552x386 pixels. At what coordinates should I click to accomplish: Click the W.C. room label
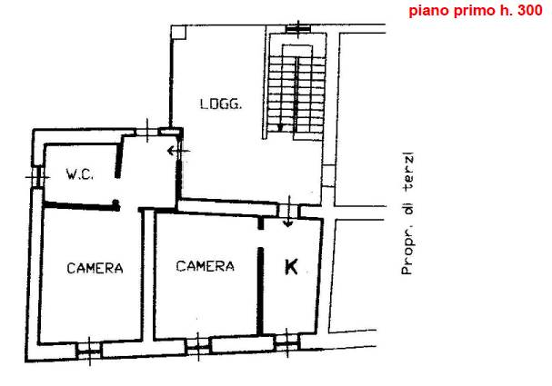[x=80, y=174]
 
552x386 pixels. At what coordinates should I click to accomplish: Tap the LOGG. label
[x=221, y=104]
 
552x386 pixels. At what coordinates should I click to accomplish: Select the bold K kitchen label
[x=291, y=266]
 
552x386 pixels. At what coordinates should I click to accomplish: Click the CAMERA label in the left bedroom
[x=95, y=268]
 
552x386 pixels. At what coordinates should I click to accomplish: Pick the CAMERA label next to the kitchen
[x=206, y=266]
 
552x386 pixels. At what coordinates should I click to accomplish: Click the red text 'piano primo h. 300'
[x=476, y=11]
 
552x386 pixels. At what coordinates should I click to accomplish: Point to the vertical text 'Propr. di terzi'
[x=407, y=213]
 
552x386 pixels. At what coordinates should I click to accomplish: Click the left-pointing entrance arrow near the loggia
[x=178, y=151]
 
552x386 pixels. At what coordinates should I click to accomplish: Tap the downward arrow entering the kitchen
[x=288, y=212]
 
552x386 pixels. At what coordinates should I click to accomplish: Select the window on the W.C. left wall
[x=37, y=176]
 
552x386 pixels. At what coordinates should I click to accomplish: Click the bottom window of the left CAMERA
[x=89, y=351]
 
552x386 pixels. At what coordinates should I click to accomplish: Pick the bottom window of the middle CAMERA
[x=198, y=346]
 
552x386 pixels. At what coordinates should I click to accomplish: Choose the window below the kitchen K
[x=287, y=342]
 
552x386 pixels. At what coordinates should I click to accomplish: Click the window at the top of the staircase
[x=298, y=28]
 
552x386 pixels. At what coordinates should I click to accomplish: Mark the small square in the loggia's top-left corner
[x=178, y=32]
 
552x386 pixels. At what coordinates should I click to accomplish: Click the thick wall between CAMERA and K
[x=260, y=291]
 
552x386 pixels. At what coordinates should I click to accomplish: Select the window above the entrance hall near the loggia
[x=147, y=131]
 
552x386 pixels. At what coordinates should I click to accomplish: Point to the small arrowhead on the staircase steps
[x=280, y=127]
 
